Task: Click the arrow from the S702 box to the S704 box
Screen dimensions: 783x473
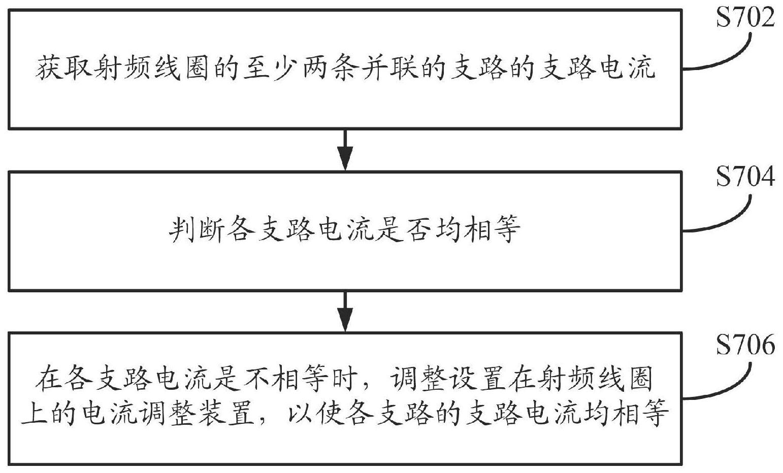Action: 345,150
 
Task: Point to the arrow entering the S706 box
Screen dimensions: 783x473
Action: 345,312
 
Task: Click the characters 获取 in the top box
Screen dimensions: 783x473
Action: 64,69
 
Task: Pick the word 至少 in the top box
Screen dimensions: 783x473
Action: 273,69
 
